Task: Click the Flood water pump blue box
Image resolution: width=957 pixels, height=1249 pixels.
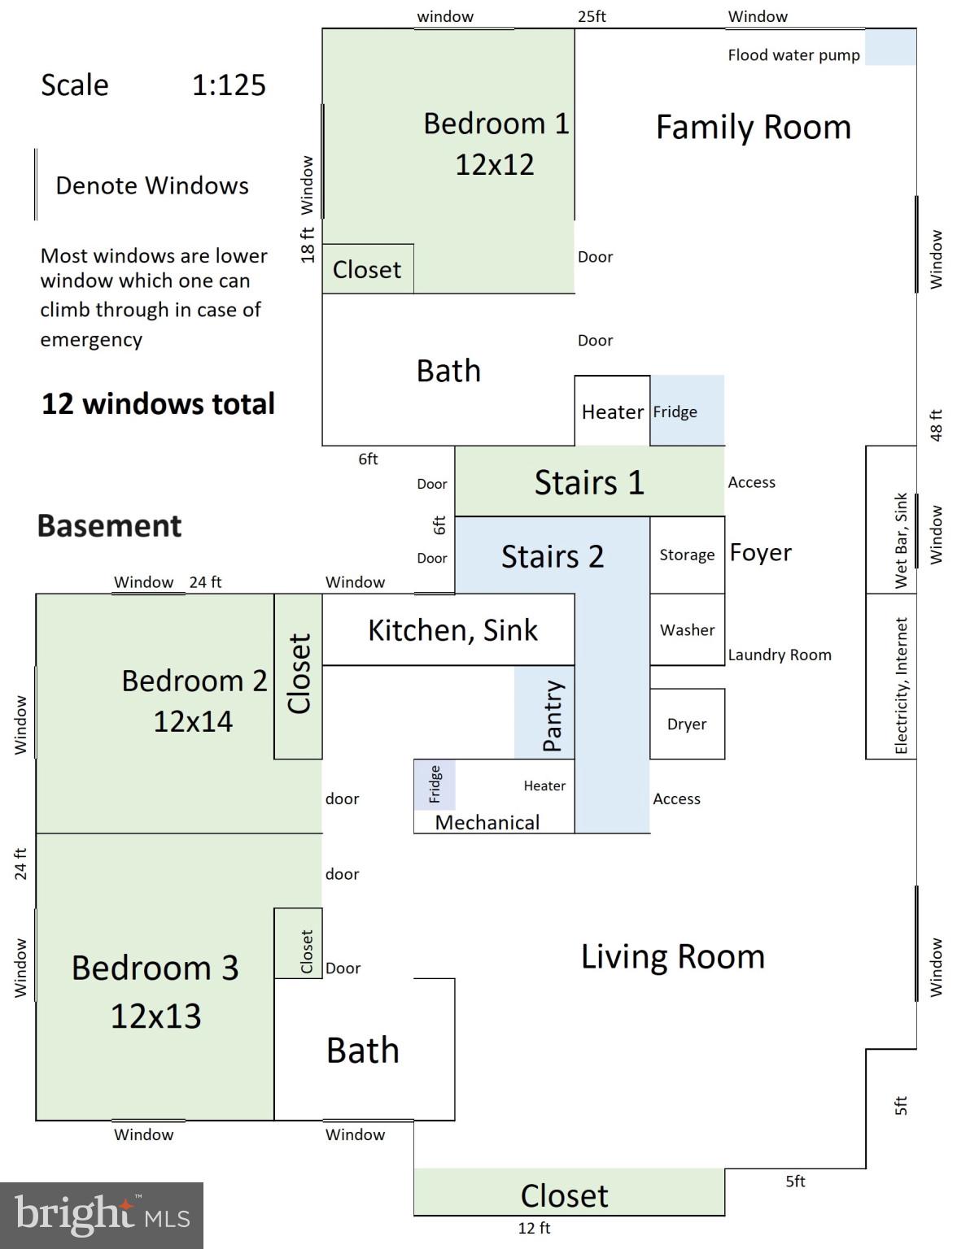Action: (890, 46)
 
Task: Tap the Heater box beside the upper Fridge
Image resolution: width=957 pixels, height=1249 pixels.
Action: (612, 411)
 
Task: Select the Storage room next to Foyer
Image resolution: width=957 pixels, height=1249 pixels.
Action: (688, 555)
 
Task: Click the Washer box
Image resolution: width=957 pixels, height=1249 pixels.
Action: (688, 629)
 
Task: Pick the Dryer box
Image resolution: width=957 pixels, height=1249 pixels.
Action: (688, 724)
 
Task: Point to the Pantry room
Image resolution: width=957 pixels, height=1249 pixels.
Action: (544, 712)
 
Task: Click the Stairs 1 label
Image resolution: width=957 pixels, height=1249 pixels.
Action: (589, 481)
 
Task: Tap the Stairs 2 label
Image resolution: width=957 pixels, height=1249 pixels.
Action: (552, 556)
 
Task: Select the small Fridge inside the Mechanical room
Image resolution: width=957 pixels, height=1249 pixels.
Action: (435, 784)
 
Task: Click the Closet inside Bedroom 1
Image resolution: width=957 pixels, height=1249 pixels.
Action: (368, 268)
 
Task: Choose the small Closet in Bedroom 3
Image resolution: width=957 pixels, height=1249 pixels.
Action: (298, 943)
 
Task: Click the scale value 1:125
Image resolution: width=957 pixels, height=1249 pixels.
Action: (229, 85)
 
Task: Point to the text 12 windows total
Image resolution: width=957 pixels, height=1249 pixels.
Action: (158, 403)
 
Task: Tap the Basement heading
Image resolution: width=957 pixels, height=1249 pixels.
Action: (109, 525)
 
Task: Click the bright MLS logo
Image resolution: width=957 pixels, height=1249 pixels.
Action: (102, 1215)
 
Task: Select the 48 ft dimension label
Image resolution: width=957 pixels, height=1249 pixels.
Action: (936, 425)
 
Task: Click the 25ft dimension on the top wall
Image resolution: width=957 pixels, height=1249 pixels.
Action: (592, 16)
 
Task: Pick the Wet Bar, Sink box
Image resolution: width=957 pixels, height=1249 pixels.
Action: (891, 520)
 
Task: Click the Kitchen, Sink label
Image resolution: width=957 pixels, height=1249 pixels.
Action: (452, 630)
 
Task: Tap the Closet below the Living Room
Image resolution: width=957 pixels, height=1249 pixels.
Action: (569, 1191)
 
